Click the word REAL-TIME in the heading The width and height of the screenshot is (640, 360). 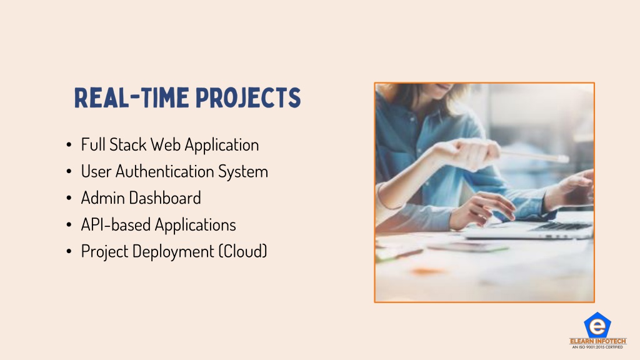pyautogui.click(x=131, y=98)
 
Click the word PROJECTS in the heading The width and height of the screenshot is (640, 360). pyautogui.click(x=248, y=98)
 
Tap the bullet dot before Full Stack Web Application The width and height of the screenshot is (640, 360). pyautogui.click(x=69, y=145)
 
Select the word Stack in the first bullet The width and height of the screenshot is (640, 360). pyautogui.click(x=127, y=144)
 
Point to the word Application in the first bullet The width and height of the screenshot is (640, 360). pyautogui.click(x=222, y=145)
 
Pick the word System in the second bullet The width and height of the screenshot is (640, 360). pyautogui.click(x=243, y=172)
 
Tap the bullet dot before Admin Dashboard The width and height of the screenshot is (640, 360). pyautogui.click(x=69, y=198)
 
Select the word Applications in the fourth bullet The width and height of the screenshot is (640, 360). pyautogui.click(x=195, y=225)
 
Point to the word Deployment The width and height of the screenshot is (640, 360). pyautogui.click(x=174, y=252)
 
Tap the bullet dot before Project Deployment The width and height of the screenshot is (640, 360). pyautogui.click(x=69, y=251)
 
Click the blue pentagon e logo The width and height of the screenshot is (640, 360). pyautogui.click(x=597, y=325)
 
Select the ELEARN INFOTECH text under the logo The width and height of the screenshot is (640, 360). pyautogui.click(x=597, y=341)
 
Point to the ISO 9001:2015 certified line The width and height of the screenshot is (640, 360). pyautogui.click(x=597, y=347)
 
